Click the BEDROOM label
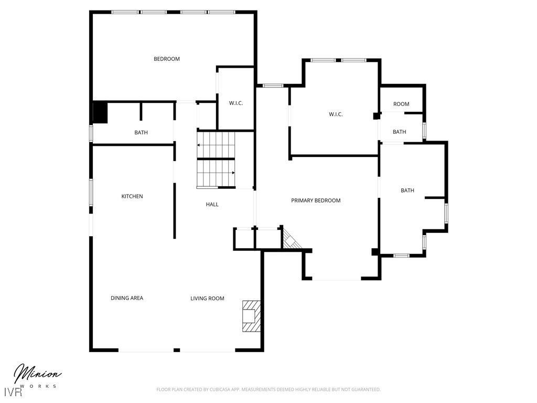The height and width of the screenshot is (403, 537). (x=166, y=59)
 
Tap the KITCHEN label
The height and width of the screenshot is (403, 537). (x=132, y=196)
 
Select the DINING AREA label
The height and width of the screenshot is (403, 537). (x=127, y=298)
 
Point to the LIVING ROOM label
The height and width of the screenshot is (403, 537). (x=207, y=299)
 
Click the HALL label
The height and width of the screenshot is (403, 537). (x=212, y=204)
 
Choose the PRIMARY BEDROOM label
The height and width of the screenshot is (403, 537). (x=316, y=200)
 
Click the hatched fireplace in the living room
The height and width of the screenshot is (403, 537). (x=251, y=316)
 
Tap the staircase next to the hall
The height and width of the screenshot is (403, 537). (x=216, y=160)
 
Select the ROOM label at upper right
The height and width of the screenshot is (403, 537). (x=401, y=104)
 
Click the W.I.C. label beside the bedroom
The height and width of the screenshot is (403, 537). (x=236, y=103)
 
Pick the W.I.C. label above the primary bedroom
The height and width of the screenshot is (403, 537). (x=336, y=114)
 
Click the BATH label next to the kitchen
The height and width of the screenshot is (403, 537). (x=141, y=133)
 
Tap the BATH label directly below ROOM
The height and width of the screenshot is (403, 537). (x=400, y=132)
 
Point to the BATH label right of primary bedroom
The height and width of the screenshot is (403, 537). (x=407, y=190)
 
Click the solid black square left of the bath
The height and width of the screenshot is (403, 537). (x=100, y=113)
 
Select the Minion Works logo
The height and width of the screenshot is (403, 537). (x=37, y=376)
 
